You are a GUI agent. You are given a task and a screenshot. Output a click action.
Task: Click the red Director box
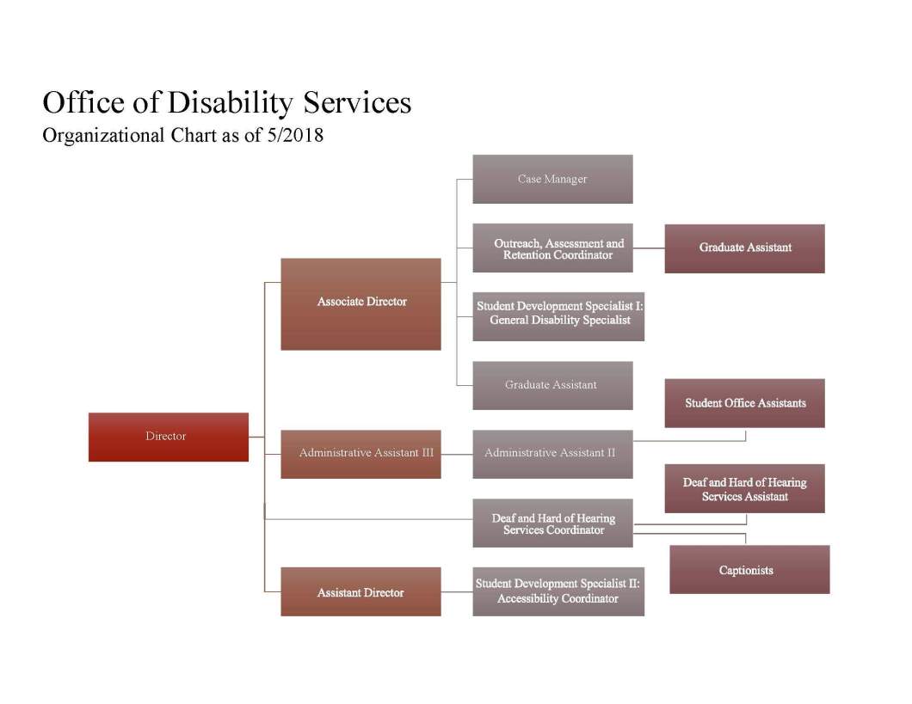click(x=168, y=437)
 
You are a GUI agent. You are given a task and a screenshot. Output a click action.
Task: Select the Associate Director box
click(x=360, y=303)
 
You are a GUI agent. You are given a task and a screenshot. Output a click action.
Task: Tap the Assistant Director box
click(x=360, y=591)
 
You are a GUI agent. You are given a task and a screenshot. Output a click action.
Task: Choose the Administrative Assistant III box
click(x=360, y=454)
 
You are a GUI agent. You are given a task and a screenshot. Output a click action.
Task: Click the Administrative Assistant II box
click(x=552, y=454)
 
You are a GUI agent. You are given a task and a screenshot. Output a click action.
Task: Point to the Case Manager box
click(x=552, y=179)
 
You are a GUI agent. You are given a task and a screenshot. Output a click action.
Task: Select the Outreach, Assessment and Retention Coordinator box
click(x=558, y=248)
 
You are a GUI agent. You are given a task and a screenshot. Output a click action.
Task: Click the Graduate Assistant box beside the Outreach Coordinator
click(x=744, y=248)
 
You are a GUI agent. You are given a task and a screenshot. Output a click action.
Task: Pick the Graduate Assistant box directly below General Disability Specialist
click(x=552, y=385)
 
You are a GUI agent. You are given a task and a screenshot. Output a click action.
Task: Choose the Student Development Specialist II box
click(x=558, y=591)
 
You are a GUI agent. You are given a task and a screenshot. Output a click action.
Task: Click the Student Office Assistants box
click(x=744, y=403)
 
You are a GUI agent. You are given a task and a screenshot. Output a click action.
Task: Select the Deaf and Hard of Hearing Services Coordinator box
click(x=552, y=523)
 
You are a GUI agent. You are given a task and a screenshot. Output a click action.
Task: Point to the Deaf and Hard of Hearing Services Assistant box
click(x=744, y=489)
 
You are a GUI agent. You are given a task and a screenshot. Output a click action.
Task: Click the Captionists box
click(x=749, y=569)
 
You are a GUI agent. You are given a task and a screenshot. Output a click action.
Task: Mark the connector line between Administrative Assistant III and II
click(x=457, y=454)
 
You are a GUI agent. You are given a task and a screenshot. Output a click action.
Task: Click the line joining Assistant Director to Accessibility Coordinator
click(x=457, y=591)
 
